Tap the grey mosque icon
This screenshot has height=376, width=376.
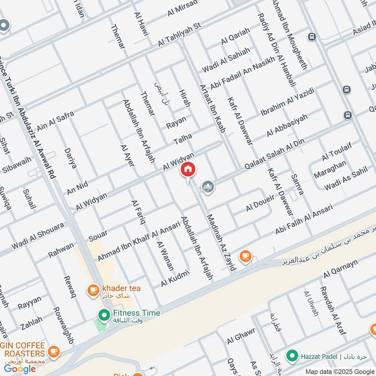pos(208,187)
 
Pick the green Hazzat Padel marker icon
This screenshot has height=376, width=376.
pos(292,356)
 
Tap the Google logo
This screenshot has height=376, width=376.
pos(20,369)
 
